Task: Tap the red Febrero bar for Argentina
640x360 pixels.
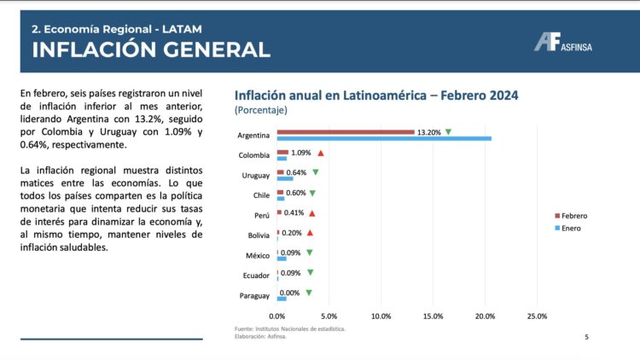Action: [x=346, y=132]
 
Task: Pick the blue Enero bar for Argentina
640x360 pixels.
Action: [x=384, y=138]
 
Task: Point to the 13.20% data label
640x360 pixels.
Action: [x=428, y=132]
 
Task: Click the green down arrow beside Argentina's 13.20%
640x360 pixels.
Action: [x=448, y=132]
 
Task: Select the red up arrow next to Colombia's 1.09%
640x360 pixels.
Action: [x=321, y=153]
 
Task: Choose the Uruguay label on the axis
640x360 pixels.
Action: [x=256, y=176]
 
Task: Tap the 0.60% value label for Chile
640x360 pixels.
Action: [x=296, y=193]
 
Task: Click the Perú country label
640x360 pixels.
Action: [x=261, y=216]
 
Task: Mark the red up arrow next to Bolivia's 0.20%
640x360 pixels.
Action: [x=310, y=233]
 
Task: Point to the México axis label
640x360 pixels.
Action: [x=258, y=256]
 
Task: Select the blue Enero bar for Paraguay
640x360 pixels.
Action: [x=282, y=299]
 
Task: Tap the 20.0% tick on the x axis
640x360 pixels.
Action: [x=485, y=316]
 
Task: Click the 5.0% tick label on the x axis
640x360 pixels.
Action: [x=329, y=316]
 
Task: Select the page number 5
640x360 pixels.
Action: [x=586, y=337]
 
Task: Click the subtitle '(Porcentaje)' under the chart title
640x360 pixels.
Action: [x=261, y=110]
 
